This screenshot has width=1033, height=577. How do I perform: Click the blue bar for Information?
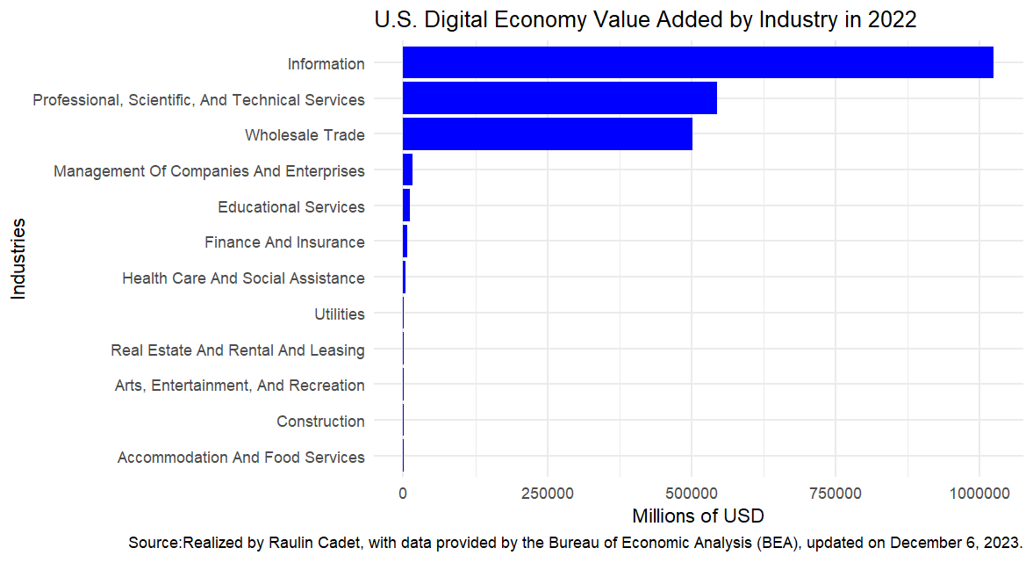698,63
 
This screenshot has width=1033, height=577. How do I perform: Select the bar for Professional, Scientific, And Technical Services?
559,98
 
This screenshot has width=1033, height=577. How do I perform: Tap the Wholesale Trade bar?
547,134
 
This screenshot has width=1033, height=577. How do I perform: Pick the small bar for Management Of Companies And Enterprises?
407,169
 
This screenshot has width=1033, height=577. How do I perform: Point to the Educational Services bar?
406,206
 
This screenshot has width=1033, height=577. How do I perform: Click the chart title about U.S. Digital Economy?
645,19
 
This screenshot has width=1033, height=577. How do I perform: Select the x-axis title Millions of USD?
698,515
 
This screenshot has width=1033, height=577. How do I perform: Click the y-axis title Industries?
18,259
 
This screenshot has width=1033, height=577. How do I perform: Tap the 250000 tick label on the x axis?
547,494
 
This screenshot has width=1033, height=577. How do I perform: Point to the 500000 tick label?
692,494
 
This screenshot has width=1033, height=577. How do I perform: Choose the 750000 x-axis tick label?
836,494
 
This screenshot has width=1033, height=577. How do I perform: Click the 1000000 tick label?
979,494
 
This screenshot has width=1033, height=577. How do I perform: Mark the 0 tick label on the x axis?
403,494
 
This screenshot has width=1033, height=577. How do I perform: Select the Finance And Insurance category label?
284,242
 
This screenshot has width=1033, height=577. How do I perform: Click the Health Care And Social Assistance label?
243,278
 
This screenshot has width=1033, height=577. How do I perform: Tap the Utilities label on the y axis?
339,314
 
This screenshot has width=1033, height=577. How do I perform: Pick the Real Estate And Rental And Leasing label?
237,350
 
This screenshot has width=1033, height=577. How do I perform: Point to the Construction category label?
320,421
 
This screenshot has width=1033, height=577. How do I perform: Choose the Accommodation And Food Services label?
240,457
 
